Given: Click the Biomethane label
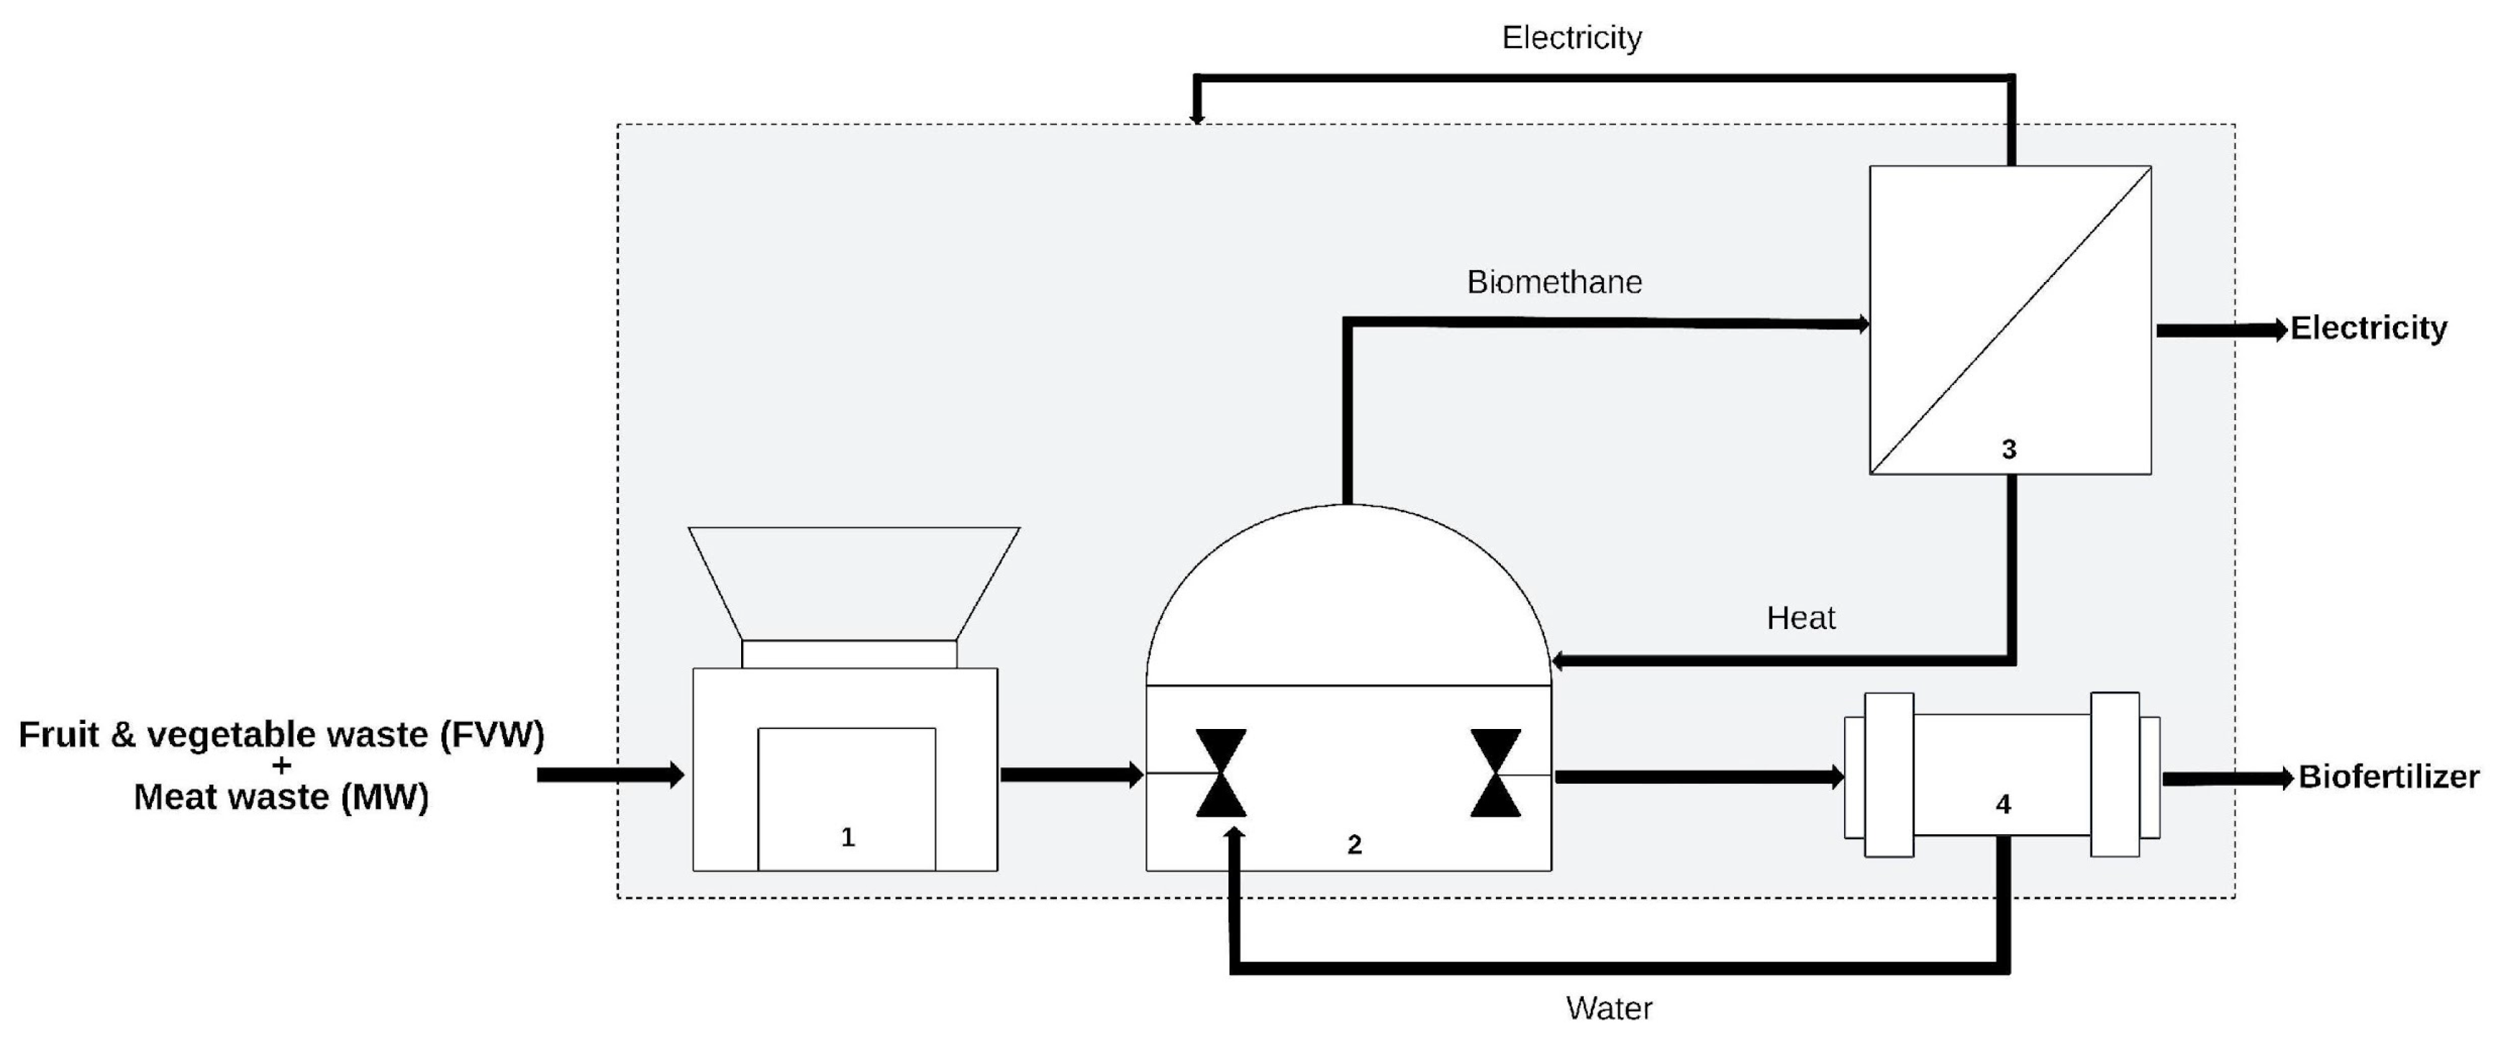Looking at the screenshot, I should click(x=1554, y=282).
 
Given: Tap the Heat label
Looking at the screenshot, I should click(x=1800, y=618).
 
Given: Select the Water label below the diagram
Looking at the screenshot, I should click(x=1608, y=1008).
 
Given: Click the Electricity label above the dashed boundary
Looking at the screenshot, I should click(x=1571, y=38).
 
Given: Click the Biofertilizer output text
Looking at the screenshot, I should click(x=2387, y=776).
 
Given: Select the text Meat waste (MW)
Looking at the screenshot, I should click(x=281, y=797).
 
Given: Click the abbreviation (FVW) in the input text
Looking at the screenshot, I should click(x=492, y=735).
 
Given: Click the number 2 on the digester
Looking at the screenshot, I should click(x=1355, y=845).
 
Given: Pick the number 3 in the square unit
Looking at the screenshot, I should click(x=2009, y=450).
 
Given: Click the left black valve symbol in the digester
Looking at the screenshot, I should click(x=1221, y=772).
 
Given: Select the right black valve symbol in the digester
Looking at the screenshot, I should click(x=1495, y=772).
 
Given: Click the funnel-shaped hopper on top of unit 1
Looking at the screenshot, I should click(x=853, y=581).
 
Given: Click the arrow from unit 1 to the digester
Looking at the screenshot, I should click(x=1071, y=774).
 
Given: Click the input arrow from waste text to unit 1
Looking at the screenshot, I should click(x=610, y=774).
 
